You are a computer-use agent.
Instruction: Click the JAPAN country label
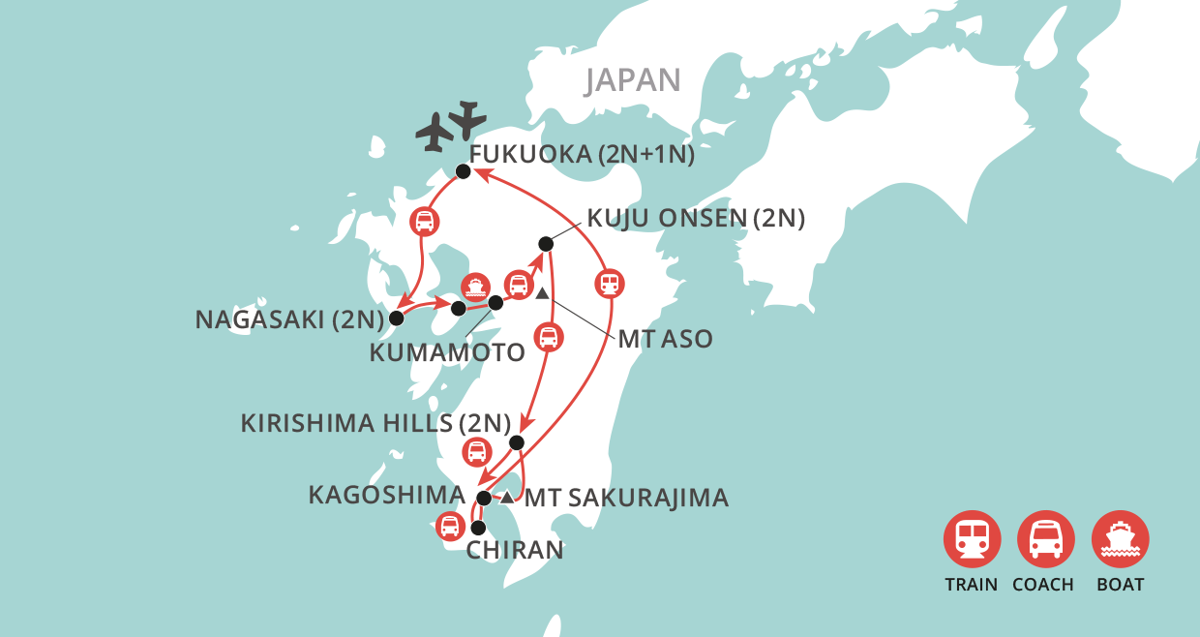pyautogui.click(x=633, y=79)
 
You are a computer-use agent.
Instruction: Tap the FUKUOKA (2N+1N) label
pyautogui.click(x=581, y=155)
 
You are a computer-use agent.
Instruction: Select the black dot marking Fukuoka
pyautogui.click(x=463, y=171)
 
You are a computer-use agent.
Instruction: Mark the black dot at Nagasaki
pyautogui.click(x=396, y=317)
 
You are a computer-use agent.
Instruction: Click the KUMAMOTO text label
pyautogui.click(x=447, y=352)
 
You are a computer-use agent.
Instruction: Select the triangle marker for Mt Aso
pyautogui.click(x=542, y=294)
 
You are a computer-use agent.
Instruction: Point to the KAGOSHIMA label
pyautogui.click(x=387, y=495)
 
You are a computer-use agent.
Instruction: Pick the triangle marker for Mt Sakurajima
pyautogui.click(x=507, y=498)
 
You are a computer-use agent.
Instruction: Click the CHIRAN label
pyautogui.click(x=514, y=551)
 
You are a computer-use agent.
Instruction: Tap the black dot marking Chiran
pyautogui.click(x=477, y=528)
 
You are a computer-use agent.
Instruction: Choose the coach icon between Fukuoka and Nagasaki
pyautogui.click(x=424, y=221)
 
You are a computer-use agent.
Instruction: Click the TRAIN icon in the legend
pyautogui.click(x=972, y=538)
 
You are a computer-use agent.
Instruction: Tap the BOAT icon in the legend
pyautogui.click(x=1121, y=538)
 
